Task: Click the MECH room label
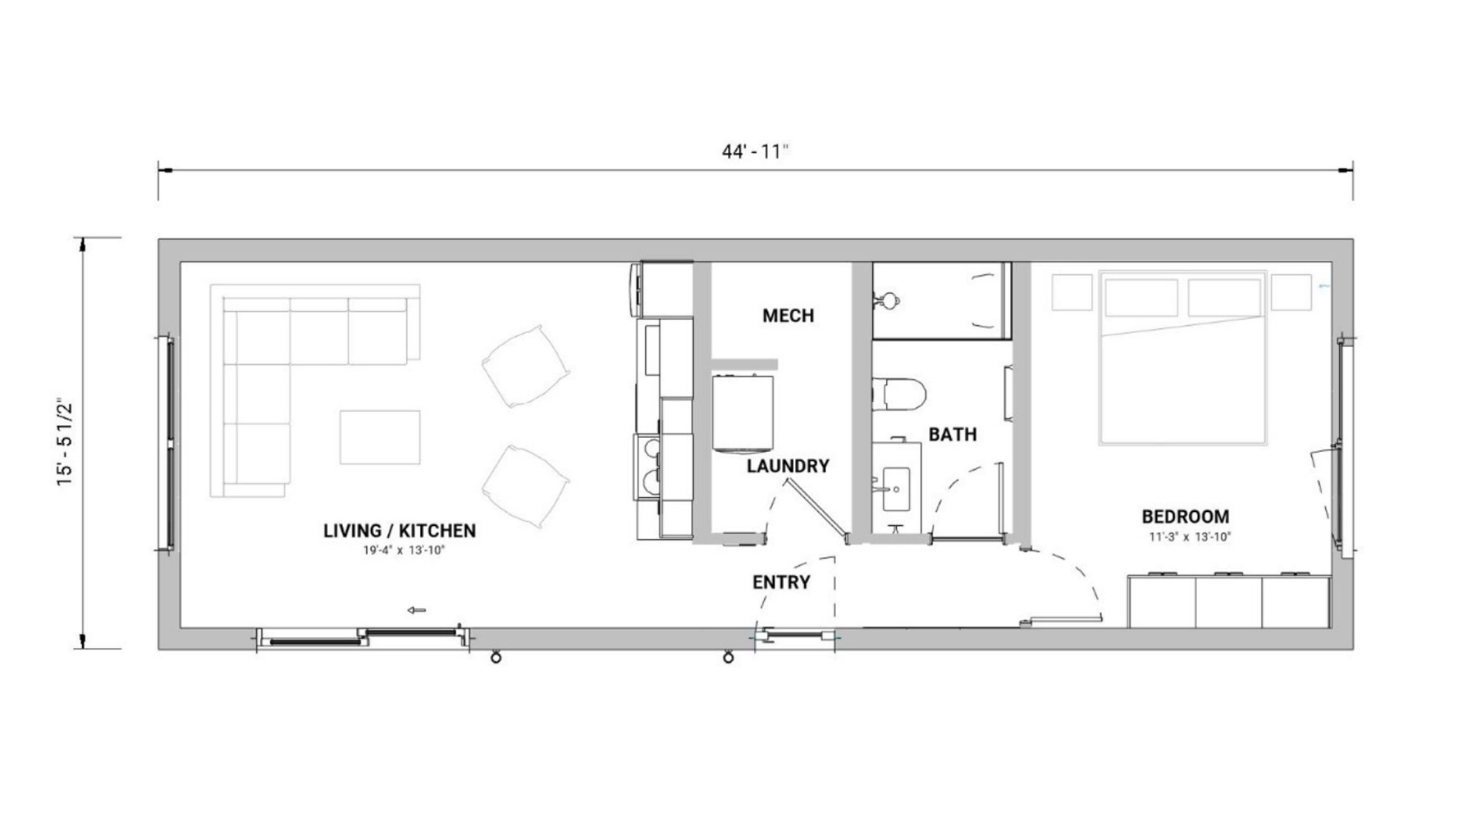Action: click(x=788, y=315)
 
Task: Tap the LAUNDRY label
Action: click(x=788, y=466)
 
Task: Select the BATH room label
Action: click(x=953, y=434)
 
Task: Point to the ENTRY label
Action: click(x=781, y=582)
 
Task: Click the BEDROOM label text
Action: click(x=1185, y=516)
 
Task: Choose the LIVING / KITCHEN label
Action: click(x=399, y=530)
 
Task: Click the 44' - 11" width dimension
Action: click(x=755, y=151)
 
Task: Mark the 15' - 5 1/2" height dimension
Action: click(x=66, y=443)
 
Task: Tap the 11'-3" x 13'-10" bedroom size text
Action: click(x=1190, y=537)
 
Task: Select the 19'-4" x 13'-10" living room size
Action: click(x=403, y=550)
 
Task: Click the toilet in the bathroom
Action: click(x=899, y=394)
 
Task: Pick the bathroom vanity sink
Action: click(x=896, y=488)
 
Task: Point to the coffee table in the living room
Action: click(x=380, y=437)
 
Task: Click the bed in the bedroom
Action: click(x=1182, y=358)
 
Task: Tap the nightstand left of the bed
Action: click(x=1072, y=293)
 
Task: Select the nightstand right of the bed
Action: click(x=1291, y=293)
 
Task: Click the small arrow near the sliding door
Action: click(x=417, y=610)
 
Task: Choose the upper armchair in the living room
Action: click(x=525, y=366)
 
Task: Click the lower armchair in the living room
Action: click(x=525, y=486)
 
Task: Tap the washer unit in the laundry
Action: click(x=743, y=413)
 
